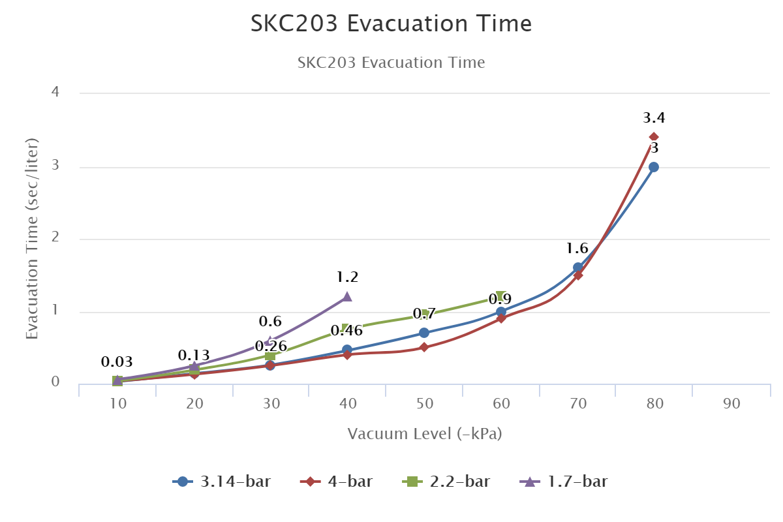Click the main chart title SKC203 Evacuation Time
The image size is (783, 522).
(391, 24)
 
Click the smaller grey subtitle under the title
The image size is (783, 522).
(391, 63)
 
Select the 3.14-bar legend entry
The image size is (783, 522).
(222, 482)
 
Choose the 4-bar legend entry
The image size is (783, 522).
(337, 482)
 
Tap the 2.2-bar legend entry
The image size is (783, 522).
(446, 482)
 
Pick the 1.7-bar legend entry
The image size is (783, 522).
(564, 482)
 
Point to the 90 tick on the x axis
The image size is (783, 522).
(731, 404)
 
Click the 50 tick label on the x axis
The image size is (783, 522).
(425, 404)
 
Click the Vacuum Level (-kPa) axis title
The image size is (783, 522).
(425, 434)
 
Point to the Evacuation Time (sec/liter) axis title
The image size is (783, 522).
(32, 238)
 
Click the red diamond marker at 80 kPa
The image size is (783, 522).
(654, 137)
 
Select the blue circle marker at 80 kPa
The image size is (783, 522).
(654, 167)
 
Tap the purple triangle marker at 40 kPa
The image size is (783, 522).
(347, 297)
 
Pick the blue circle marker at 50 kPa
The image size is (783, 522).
(424, 333)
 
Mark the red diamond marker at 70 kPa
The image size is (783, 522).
(578, 275)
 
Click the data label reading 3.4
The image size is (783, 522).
(654, 118)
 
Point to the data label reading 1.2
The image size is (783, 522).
(347, 277)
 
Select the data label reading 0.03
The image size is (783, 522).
(117, 362)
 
